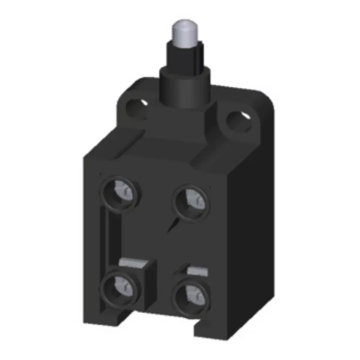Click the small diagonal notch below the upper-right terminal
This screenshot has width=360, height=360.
click(x=172, y=225)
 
